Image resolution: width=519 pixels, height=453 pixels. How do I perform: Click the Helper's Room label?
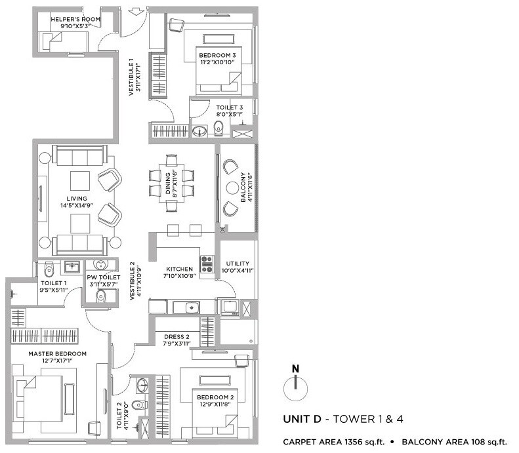click(x=75, y=20)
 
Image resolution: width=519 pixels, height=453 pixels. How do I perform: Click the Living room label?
click(x=77, y=197)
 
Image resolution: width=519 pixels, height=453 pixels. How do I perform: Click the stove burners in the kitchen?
click(x=207, y=264)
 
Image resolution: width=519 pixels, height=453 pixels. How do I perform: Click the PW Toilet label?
click(x=104, y=278)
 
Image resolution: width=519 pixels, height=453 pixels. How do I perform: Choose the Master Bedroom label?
click(x=57, y=353)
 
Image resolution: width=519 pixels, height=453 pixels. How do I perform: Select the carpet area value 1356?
click(x=354, y=442)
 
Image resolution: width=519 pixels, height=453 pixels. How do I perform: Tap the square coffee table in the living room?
click(x=81, y=180)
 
